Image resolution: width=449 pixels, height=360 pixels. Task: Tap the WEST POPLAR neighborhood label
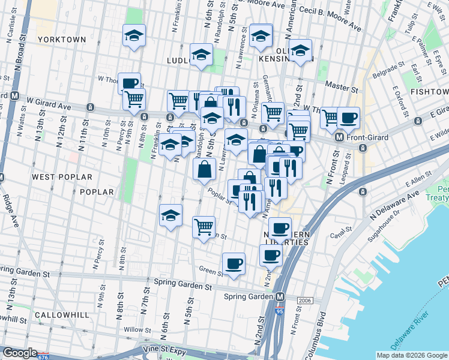62,177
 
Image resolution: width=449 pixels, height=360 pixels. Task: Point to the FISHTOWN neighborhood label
430,92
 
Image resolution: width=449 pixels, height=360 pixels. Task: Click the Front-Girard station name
370,137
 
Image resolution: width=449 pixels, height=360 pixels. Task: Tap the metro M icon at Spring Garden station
280,297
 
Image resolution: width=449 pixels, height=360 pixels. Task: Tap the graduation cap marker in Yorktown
134,35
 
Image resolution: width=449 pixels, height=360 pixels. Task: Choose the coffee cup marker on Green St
234,263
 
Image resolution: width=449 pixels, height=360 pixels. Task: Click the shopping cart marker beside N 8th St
134,98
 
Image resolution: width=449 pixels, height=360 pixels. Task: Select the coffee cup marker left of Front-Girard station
348,118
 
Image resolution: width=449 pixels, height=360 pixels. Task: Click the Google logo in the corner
19,353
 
